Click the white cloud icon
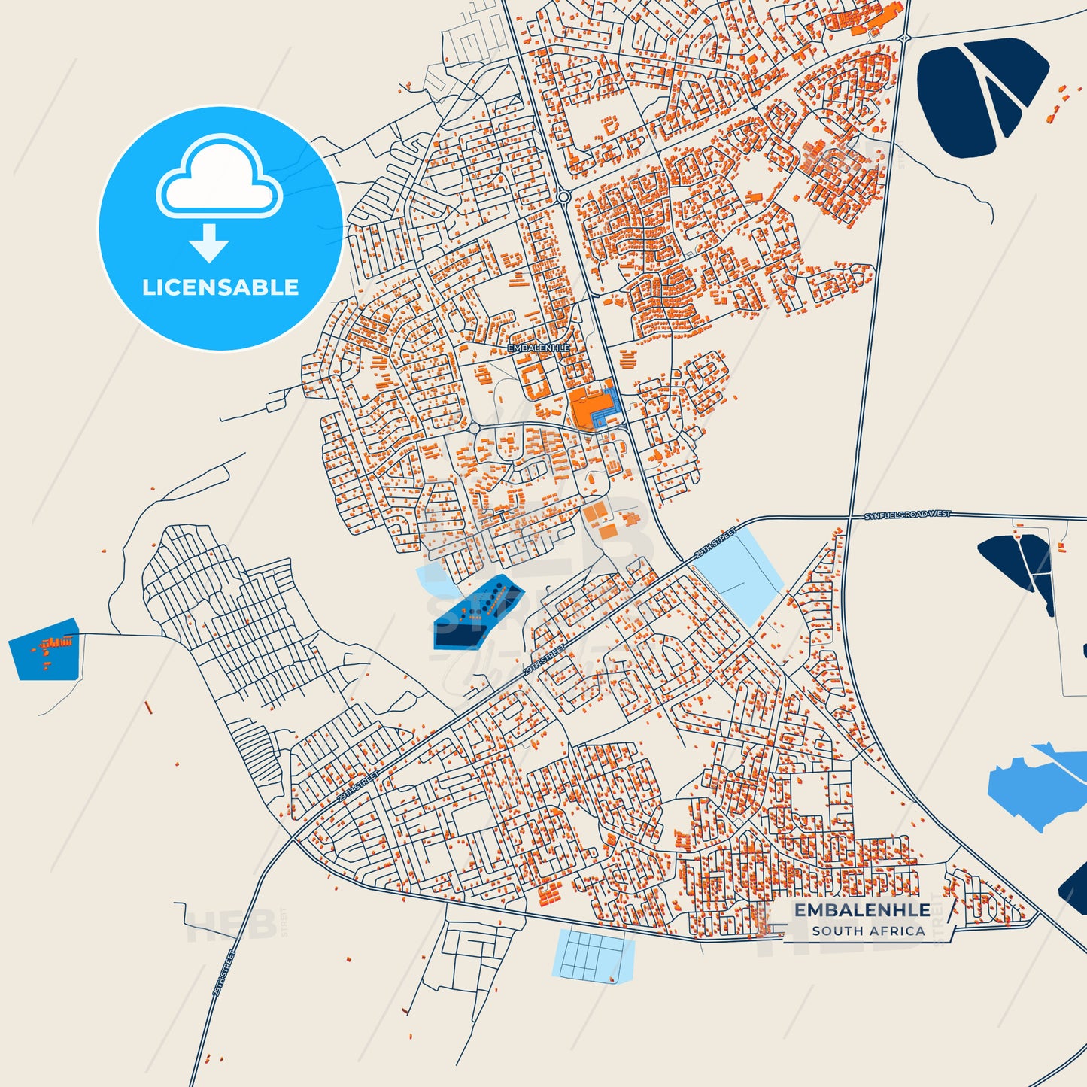pos(219,181)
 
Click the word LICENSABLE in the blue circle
pos(220,287)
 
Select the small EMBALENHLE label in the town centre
pos(539,348)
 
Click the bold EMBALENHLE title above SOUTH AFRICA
pos(862,909)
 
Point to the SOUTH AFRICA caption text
pos(868,931)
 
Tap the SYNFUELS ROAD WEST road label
pos(906,515)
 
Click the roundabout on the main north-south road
pos(563,197)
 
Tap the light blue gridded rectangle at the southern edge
pos(593,955)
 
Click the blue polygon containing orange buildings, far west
pos(46,649)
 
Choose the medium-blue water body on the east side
pos(1034,786)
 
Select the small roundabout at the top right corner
pos(904,38)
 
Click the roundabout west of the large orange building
pos(475,428)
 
